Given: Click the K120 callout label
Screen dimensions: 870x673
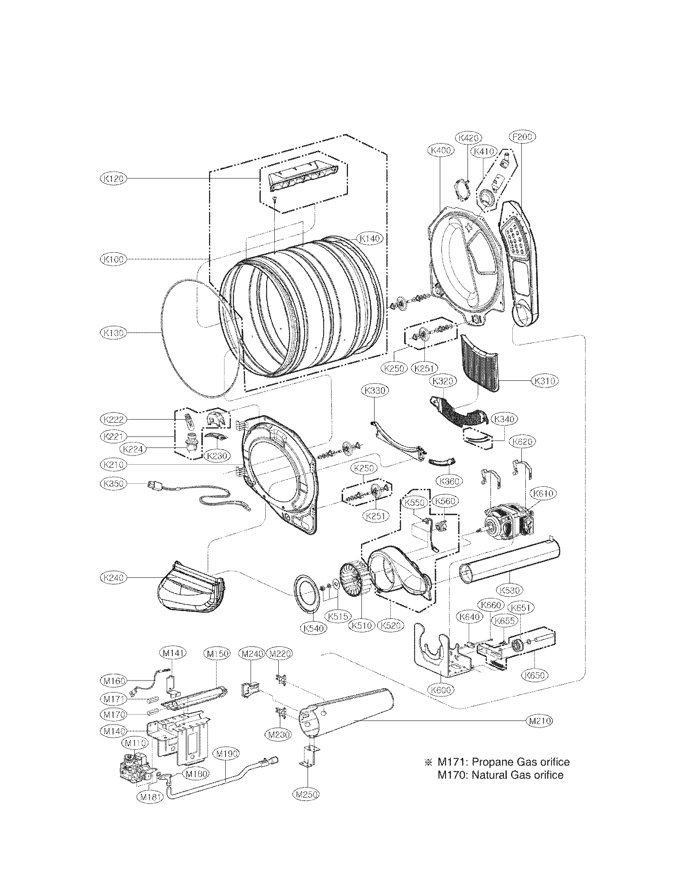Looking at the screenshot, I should (x=112, y=179).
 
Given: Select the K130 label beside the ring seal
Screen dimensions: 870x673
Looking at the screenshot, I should (x=112, y=332).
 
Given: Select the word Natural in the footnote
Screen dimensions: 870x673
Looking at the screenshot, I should (x=489, y=775).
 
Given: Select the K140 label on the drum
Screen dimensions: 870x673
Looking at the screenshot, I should (x=371, y=238).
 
